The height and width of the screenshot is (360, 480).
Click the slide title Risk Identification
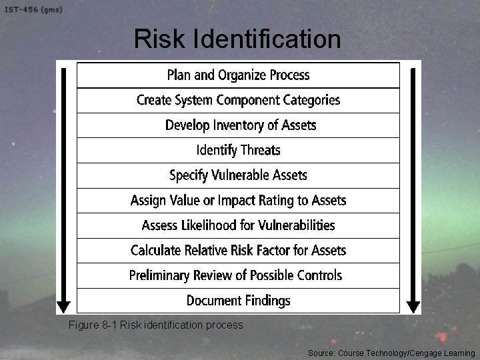237,40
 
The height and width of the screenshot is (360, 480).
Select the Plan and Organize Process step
238,75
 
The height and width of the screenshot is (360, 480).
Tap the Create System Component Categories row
238,100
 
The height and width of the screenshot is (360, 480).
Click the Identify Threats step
238,150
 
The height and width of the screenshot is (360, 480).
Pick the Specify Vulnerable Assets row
238,175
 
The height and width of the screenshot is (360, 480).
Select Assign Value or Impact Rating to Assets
238,200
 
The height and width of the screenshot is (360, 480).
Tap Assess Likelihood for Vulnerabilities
238,225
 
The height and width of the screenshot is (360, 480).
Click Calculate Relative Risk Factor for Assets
238,251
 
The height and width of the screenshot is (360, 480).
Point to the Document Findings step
238,301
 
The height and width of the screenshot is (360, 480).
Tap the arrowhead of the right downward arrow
413,307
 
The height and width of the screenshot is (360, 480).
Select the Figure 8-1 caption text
155,325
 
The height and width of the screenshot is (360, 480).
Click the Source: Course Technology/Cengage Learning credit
391,352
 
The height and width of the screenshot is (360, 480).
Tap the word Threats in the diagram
260,150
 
